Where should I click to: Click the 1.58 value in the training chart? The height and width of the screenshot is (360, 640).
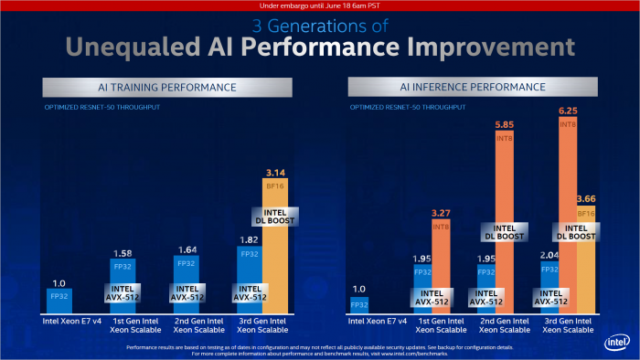tap(123, 252)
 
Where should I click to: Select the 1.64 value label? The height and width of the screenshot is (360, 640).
tap(187, 249)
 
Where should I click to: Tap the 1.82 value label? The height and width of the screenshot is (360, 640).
tap(249, 240)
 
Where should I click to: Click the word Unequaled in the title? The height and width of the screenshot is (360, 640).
tap(108, 46)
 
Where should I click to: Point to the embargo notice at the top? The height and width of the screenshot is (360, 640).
tap(320, 5)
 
